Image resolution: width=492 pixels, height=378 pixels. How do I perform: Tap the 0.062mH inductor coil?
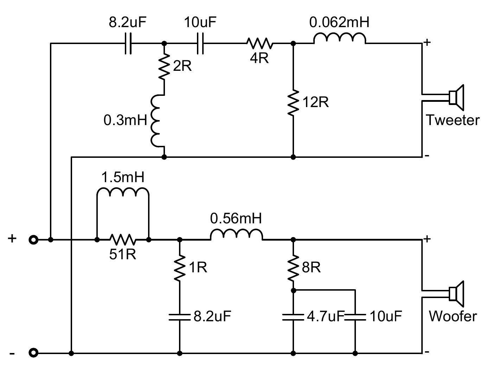(x=339, y=38)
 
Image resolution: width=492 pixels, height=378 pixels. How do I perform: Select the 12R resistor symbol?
(x=293, y=103)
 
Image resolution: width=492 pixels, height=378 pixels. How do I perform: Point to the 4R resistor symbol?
(x=260, y=43)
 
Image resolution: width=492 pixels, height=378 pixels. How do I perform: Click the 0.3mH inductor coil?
(x=156, y=120)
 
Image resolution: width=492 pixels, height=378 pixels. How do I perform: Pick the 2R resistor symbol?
(x=164, y=67)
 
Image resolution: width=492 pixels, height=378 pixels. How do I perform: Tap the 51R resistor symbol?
(x=123, y=240)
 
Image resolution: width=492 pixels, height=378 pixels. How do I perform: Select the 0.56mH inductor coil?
(x=236, y=235)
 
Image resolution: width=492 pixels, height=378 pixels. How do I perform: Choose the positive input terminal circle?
(x=33, y=240)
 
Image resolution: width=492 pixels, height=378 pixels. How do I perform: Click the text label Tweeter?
(x=453, y=120)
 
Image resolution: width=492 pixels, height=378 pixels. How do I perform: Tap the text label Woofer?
(x=453, y=316)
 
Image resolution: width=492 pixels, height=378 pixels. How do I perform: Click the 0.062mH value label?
(x=339, y=23)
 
